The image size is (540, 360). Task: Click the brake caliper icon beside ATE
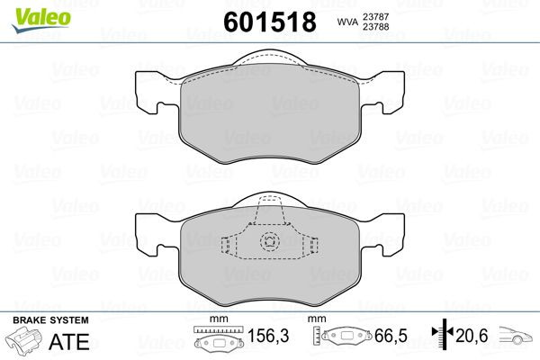pos(27,342)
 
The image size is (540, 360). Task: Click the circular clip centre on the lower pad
pos(269,241)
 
